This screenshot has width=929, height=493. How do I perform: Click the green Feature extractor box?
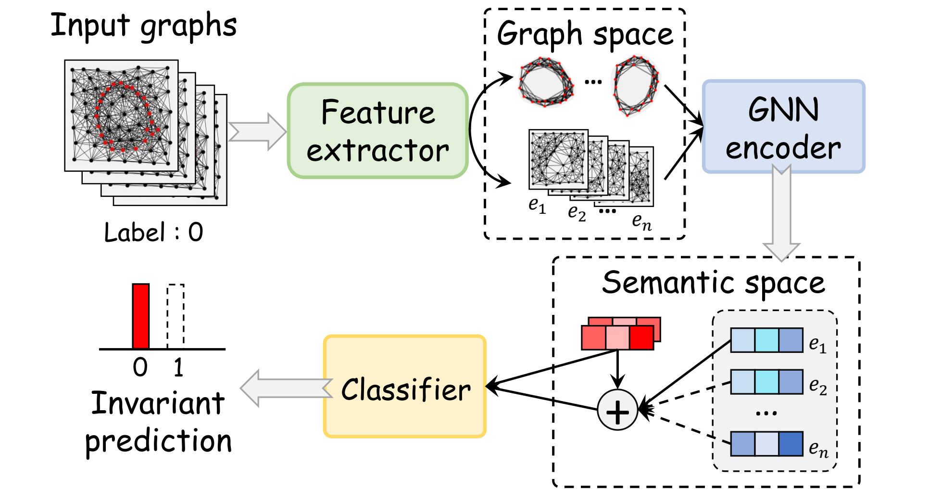pos(378,131)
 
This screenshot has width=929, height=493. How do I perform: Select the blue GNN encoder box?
pos(783,127)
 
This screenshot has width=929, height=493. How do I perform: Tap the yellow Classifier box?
pos(405,386)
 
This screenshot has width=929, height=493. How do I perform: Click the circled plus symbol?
pos(617,410)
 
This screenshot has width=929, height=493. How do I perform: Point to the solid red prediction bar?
pos(141,316)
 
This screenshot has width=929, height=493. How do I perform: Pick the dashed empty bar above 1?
pos(176,316)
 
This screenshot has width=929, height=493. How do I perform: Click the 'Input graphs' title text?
pos(144,26)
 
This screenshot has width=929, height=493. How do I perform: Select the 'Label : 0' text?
pos(153,232)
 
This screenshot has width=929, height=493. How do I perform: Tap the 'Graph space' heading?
pos(585,34)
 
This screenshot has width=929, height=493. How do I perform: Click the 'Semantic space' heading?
pos(714,283)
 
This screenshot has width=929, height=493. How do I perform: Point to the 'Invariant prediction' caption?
pos(158,422)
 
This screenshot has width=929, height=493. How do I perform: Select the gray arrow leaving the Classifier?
pos(287,388)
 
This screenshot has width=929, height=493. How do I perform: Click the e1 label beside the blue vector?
pos(817,345)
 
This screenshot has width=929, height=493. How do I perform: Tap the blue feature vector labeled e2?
pos(766,382)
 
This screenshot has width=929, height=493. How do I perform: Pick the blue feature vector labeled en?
pos(766,443)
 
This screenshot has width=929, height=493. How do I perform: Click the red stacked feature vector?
pos(621,333)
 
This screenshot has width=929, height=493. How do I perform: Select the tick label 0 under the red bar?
pos(140,367)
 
